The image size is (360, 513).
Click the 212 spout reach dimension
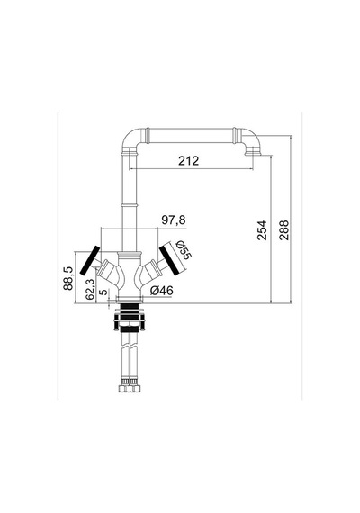click(x=188, y=160)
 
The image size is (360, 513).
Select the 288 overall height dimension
click(x=284, y=230)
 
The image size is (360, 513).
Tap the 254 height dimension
click(x=262, y=230)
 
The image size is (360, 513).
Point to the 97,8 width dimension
click(x=174, y=220)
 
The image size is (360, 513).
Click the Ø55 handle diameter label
click(x=183, y=250)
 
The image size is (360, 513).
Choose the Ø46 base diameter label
click(x=162, y=290)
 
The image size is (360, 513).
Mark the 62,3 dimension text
click(x=90, y=289)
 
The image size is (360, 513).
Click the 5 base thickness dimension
click(x=103, y=292)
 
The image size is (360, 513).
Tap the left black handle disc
click(x=90, y=260)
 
